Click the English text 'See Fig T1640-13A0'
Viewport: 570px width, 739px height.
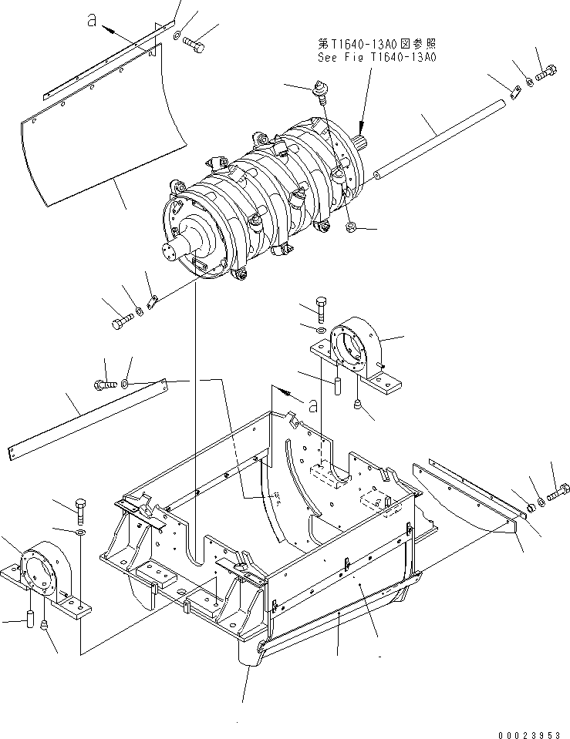point(376,57)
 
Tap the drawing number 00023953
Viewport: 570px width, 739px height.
point(528,734)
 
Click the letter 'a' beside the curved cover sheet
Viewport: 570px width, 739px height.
point(92,20)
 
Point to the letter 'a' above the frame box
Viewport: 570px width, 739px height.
point(312,405)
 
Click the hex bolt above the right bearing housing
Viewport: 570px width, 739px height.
point(322,309)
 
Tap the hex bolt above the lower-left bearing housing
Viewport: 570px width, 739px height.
point(81,510)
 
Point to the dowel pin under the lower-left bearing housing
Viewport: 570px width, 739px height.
point(30,619)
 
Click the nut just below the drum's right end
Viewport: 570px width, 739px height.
point(351,228)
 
